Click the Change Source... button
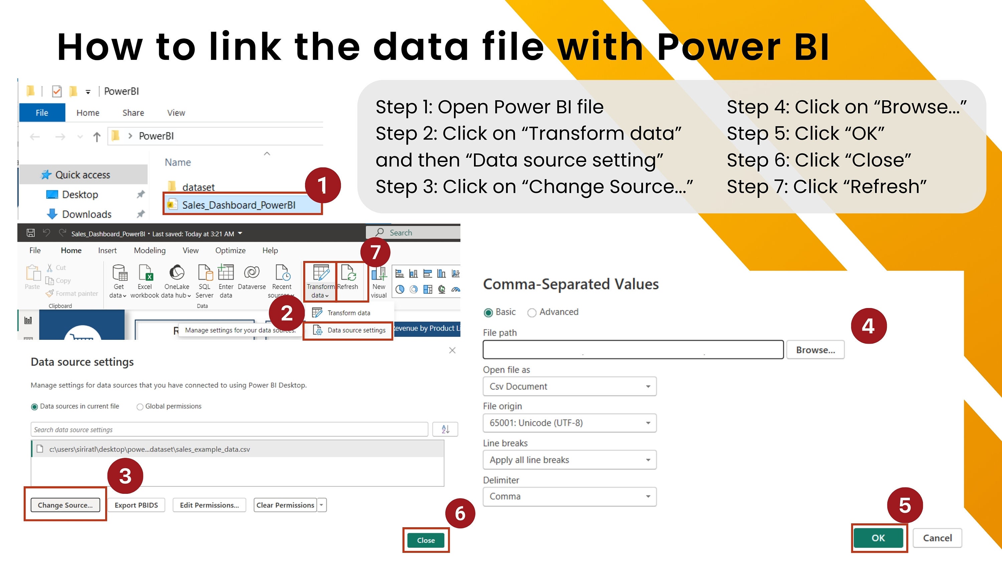tap(65, 505)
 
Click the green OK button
tap(878, 538)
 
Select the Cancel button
tap(937, 538)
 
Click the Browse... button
tap(815, 349)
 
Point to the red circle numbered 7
tap(375, 252)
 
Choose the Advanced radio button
tap(532, 312)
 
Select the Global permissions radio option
tap(140, 407)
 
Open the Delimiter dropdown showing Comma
tap(569, 496)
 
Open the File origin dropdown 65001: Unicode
tap(569, 423)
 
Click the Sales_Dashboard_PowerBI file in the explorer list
tap(238, 205)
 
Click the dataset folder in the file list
tap(198, 187)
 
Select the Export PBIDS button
tap(136, 505)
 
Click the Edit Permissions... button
tap(209, 505)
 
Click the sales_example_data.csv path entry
tap(149, 449)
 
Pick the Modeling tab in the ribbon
tap(149, 250)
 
